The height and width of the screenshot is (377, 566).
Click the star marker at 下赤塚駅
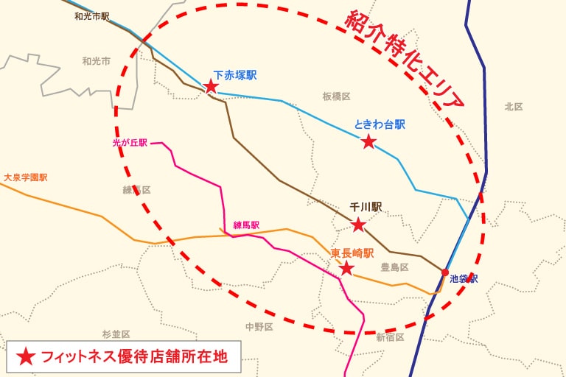coord(211,86)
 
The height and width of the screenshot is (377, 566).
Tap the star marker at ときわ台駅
coord(368,141)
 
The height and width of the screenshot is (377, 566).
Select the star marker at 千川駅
coord(358,225)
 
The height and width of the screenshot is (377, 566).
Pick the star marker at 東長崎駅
coord(346,268)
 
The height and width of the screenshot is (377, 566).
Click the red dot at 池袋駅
coord(444,273)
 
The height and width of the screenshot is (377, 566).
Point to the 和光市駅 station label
coord(92,16)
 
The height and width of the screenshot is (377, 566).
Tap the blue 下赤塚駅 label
coord(234,76)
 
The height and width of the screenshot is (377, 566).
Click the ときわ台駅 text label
coord(380,124)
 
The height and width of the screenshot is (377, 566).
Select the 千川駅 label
coord(366,208)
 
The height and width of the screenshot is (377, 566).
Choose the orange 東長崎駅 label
coord(352,253)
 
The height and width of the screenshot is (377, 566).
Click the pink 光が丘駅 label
coord(130,143)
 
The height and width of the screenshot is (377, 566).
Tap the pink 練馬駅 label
coord(246,225)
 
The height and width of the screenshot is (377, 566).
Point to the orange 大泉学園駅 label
coord(26,178)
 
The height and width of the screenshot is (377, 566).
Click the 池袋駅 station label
coord(464,279)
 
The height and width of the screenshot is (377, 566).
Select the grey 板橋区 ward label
coord(336,96)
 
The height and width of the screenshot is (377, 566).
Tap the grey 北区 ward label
coord(514,107)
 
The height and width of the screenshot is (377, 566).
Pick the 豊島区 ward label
coord(394,267)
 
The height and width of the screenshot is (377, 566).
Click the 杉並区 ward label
coord(116,335)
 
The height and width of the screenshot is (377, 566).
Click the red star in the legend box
coord(26,357)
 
